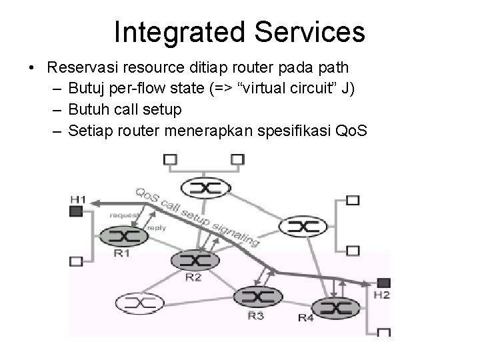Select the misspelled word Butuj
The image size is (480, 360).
(102, 87)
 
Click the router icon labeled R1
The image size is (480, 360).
(123, 235)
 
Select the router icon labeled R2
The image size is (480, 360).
(193, 261)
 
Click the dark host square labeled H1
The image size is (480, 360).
(76, 211)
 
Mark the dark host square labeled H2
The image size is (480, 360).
(383, 283)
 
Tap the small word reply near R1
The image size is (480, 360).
(157, 227)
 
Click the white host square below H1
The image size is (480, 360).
(76, 261)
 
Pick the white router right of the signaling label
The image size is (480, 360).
(302, 227)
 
